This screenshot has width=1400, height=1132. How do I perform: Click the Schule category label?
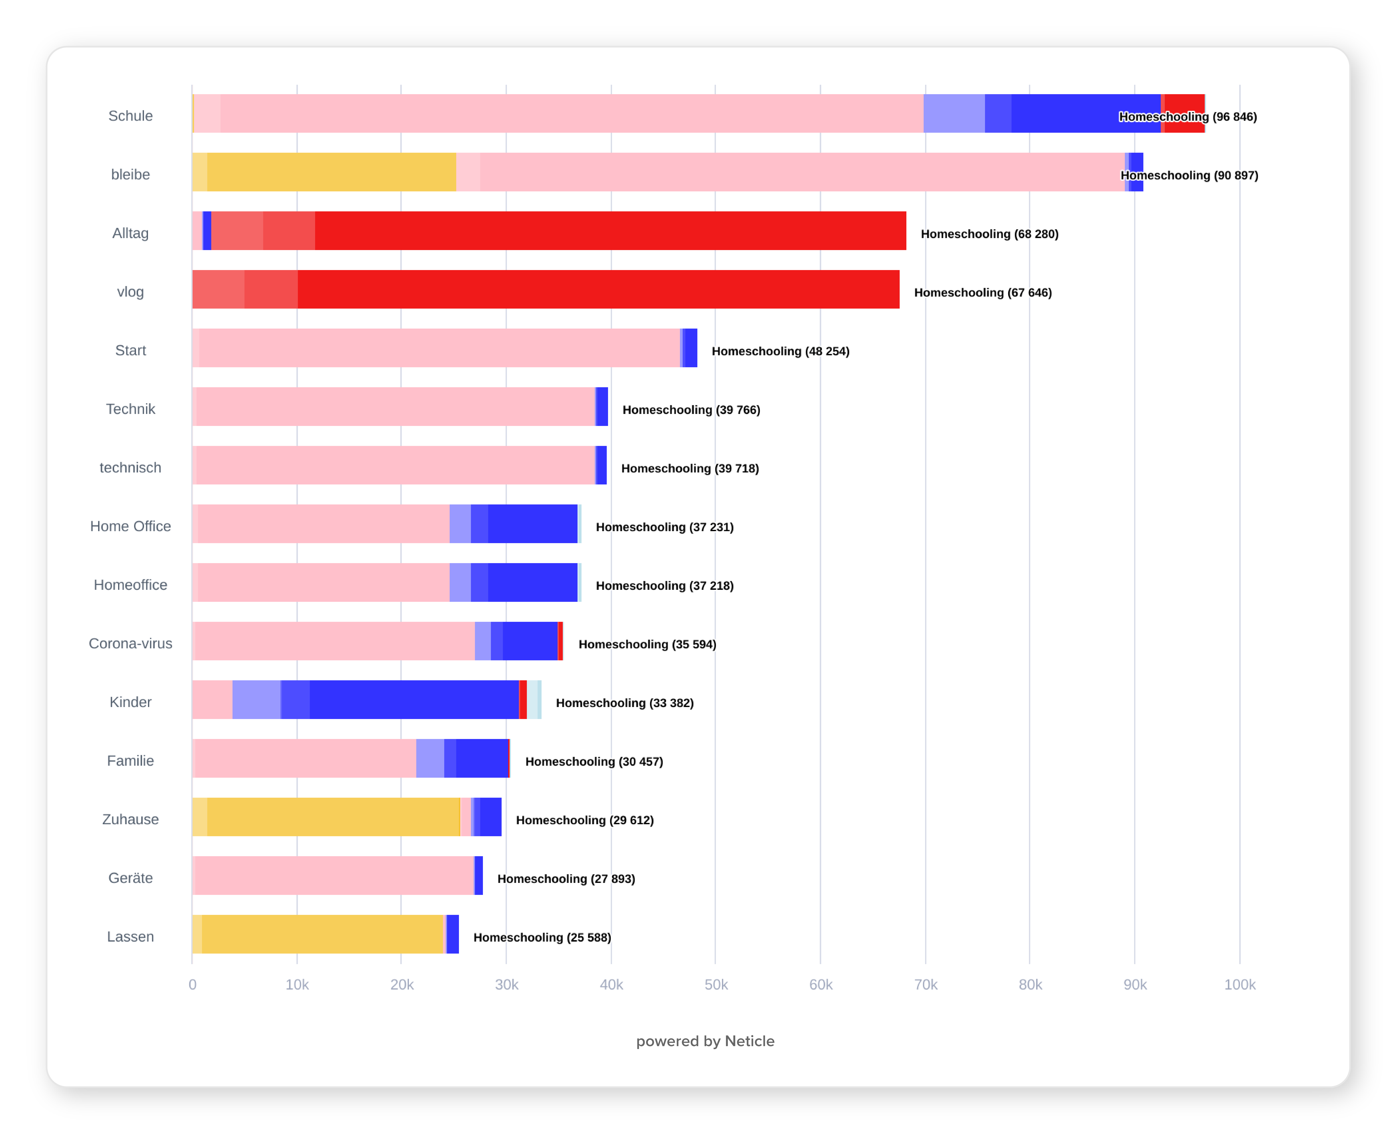[x=130, y=116]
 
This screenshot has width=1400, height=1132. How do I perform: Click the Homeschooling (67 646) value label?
[x=982, y=293]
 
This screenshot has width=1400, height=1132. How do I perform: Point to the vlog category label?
[x=130, y=292]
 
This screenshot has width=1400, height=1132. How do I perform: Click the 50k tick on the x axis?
[x=716, y=985]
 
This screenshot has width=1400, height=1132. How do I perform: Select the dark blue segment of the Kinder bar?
[x=414, y=700]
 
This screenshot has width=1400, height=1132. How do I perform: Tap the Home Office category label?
[x=130, y=526]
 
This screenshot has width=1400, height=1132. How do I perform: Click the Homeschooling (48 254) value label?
[x=780, y=351]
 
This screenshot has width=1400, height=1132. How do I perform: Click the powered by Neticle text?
[x=705, y=1041]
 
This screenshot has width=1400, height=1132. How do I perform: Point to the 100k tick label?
[x=1239, y=985]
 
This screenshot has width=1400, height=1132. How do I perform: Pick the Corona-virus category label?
[x=130, y=644]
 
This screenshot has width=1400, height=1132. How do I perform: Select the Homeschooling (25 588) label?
[x=542, y=938]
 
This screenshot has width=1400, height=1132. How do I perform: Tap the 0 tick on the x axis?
[x=192, y=985]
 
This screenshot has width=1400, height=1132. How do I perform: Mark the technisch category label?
[x=130, y=468]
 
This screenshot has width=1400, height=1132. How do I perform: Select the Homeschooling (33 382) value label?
[x=624, y=703]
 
